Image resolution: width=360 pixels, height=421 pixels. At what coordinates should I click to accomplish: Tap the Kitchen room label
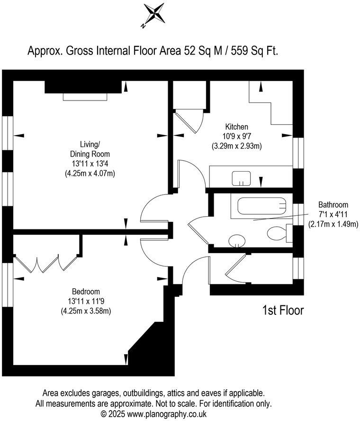236,127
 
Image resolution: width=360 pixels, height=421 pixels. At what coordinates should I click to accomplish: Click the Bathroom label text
333,205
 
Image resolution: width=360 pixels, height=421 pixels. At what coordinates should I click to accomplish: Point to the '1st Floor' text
283,311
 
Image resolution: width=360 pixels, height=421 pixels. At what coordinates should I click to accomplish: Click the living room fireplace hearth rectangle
87,97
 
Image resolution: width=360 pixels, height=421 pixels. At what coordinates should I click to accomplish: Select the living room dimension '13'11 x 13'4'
90,164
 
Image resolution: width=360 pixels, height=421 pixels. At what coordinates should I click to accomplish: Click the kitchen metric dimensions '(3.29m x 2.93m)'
236,146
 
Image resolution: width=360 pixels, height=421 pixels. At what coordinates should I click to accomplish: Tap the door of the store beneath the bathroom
235,270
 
